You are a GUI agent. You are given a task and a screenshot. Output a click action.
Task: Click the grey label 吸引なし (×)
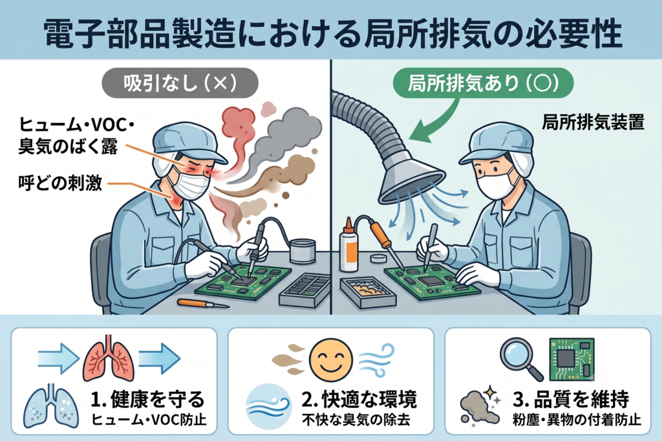coord(180,83)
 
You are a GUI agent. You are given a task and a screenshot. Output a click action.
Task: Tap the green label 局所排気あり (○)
coord(483,83)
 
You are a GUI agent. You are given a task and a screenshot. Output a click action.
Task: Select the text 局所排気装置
coord(593,122)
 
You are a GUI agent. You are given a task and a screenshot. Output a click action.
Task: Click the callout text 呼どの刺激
coord(60,184)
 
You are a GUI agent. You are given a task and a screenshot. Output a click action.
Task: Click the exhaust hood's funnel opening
coord(411,182)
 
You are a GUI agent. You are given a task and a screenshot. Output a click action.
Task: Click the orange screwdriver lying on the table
coord(202,303)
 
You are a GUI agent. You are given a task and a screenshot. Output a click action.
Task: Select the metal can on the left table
coord(303,251)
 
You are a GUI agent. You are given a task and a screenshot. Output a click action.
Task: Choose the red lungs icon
coord(109,359)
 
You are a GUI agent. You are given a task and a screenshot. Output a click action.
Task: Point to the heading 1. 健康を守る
coord(148,399)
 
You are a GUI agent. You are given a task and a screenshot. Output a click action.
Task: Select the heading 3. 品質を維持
coord(571,399)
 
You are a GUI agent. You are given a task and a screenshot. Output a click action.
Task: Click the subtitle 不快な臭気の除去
coord(356,420)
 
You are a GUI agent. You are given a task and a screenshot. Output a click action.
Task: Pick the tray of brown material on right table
coord(364,292)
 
